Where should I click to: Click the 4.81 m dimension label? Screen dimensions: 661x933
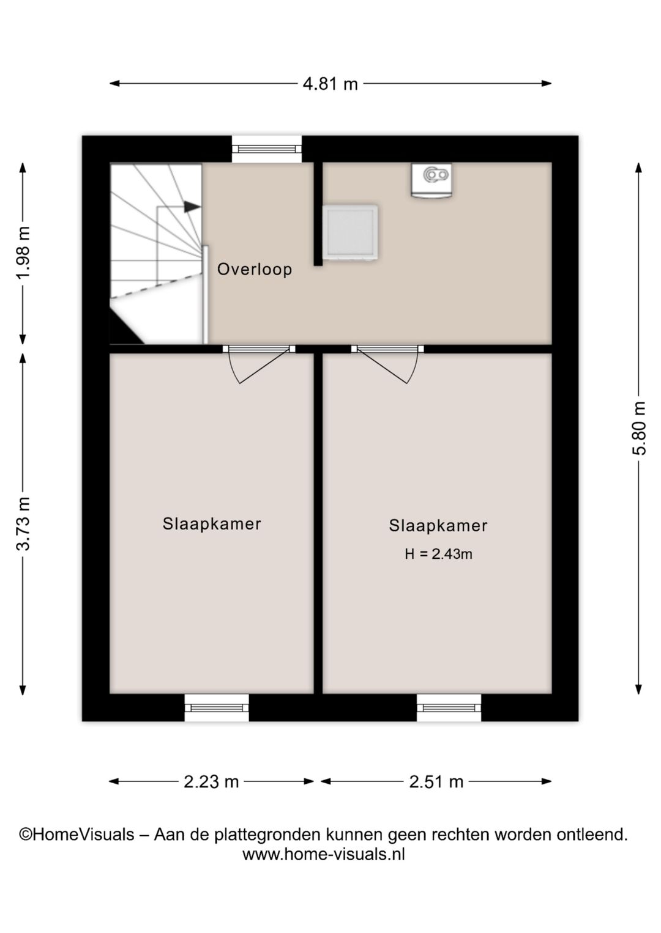[330, 84]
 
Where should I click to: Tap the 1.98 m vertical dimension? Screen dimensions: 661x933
[24, 253]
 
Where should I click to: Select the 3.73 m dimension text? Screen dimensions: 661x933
[24, 523]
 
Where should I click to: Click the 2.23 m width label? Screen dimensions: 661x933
[211, 782]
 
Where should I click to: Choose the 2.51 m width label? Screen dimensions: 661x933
[436, 782]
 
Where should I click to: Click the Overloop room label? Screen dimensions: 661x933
[255, 269]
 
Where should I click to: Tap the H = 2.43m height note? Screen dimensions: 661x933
[438, 554]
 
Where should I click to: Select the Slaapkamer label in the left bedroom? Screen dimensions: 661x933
[212, 523]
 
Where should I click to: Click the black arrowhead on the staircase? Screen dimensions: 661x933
[192, 206]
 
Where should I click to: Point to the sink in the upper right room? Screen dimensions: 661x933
[431, 180]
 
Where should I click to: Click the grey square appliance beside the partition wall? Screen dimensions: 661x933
[351, 232]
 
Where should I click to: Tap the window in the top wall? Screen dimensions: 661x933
[267, 149]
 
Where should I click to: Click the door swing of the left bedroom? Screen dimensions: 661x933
[258, 367]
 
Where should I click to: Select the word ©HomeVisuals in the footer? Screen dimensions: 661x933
[77, 835]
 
